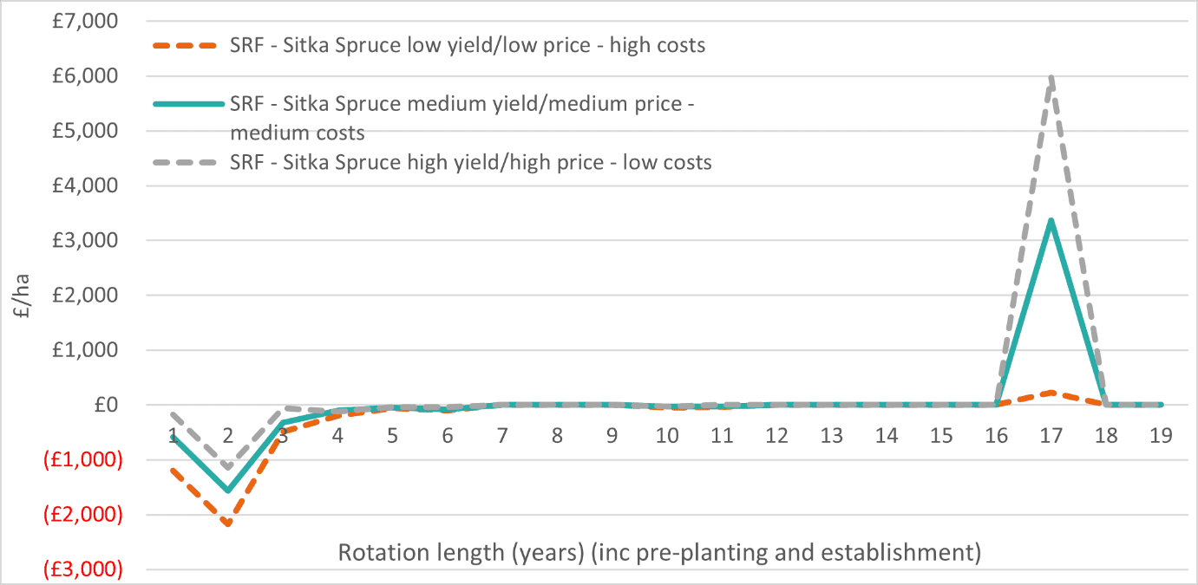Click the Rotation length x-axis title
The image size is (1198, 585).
[659, 552]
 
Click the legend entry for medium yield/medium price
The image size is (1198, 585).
[464, 118]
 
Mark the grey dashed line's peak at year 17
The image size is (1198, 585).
[1051, 78]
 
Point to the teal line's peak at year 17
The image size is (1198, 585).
[1051, 221]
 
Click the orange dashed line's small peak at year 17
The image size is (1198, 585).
[1051, 393]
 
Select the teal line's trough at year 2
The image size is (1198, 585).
[228, 491]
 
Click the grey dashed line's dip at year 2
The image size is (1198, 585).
[228, 468]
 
